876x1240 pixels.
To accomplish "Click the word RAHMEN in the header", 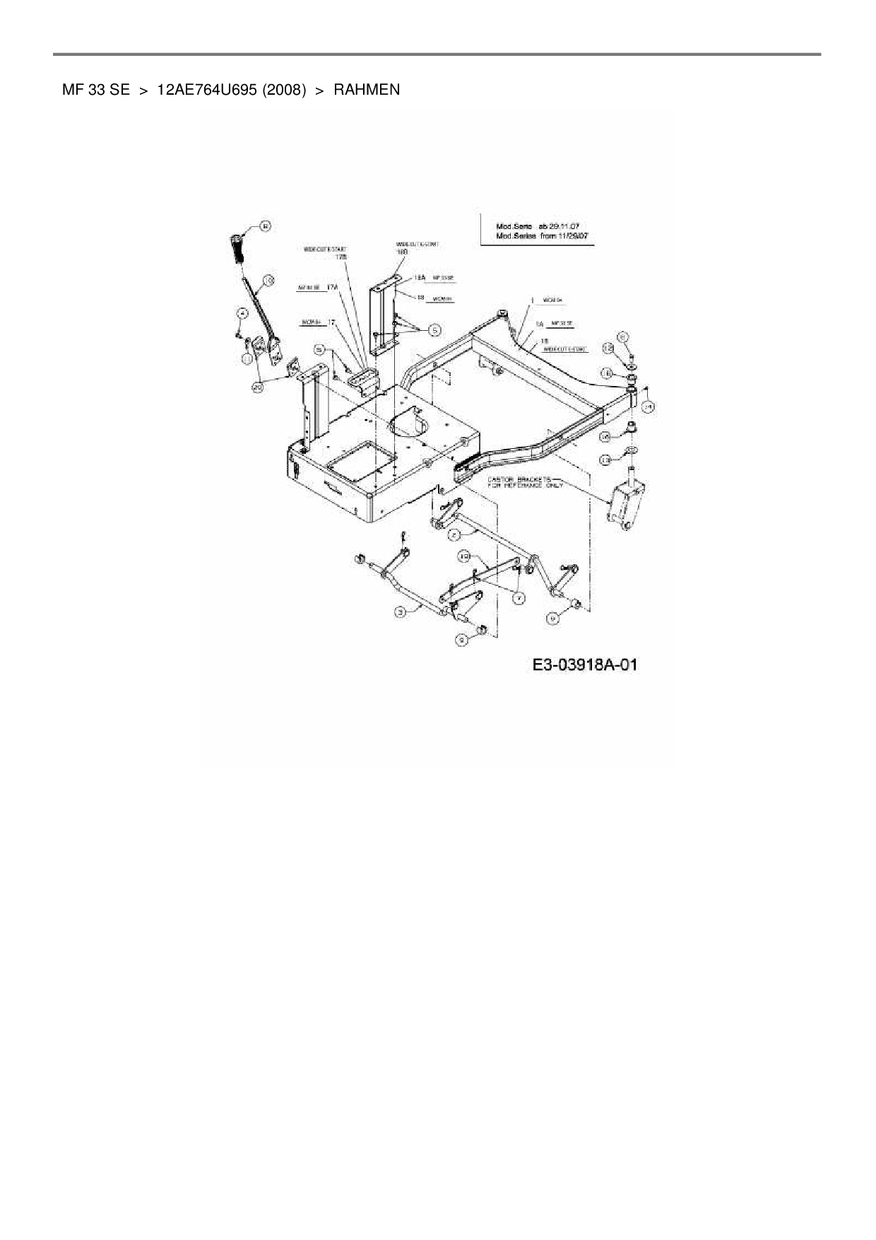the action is (x=367, y=90).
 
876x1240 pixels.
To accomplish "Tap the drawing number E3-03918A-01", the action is (x=585, y=665).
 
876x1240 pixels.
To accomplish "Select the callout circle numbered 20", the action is (x=257, y=387).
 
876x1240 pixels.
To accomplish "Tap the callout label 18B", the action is (x=402, y=251).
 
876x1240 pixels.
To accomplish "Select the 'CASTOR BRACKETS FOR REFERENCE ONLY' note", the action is (x=524, y=483).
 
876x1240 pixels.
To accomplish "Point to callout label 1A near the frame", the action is (x=539, y=323).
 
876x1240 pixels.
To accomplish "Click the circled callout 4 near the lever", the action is (x=241, y=313).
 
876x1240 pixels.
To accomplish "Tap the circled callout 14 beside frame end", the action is (x=648, y=406).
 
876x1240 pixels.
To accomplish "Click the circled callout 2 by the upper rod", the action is (x=456, y=535).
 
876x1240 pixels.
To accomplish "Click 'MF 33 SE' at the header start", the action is (x=95, y=90).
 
